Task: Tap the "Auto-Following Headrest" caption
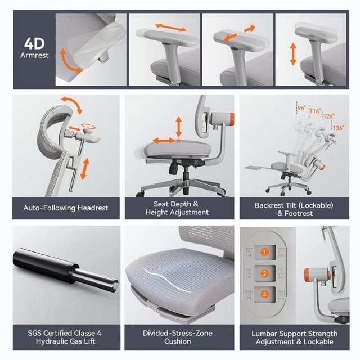pos(66,208)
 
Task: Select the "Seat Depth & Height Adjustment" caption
pos(177,208)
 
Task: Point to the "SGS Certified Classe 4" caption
pos(66,334)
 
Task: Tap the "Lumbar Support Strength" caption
pos(294,334)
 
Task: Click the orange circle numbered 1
pos(263,252)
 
